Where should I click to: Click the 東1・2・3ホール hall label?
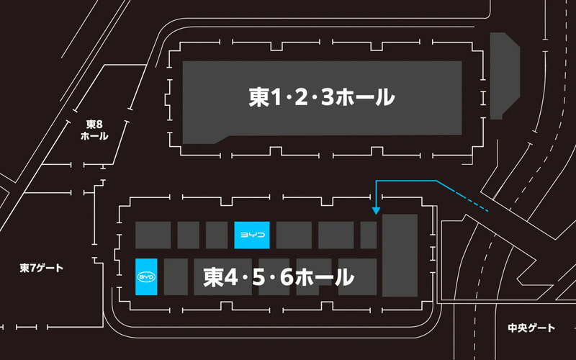click(322, 97)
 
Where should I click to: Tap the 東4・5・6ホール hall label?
click(279, 277)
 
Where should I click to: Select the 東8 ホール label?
click(94, 130)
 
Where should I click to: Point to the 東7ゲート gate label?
click(42, 268)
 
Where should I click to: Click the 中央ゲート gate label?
click(531, 328)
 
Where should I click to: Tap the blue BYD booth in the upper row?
click(252, 235)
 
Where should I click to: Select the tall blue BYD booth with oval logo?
click(146, 277)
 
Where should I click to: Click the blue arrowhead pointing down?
click(376, 211)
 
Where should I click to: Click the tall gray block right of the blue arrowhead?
click(400, 256)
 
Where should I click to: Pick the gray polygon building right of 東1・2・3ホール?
click(505, 76)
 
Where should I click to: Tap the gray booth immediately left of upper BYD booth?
click(217, 235)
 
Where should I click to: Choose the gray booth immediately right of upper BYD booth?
click(294, 235)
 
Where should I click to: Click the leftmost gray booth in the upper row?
click(153, 235)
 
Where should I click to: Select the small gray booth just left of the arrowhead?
click(369, 235)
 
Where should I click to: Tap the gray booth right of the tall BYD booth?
click(176, 277)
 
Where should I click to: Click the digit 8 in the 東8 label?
click(99, 125)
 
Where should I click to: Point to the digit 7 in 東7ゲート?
click(32, 268)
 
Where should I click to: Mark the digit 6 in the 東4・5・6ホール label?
click(287, 277)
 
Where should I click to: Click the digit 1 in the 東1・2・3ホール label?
click(276, 98)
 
